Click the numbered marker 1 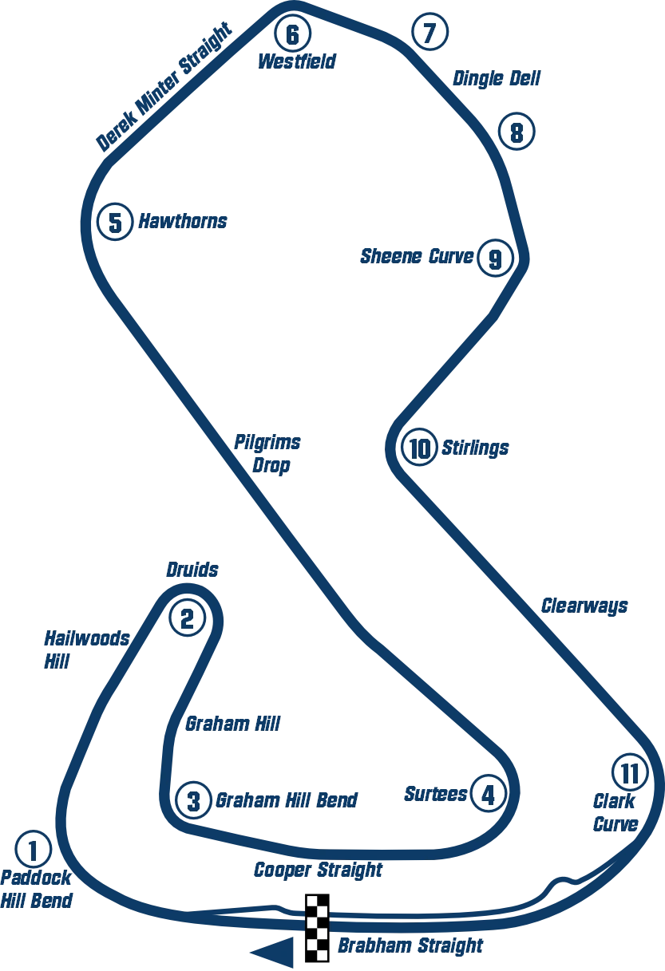33,851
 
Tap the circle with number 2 187,618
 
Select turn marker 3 193,800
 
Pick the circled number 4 488,794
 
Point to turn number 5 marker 115,223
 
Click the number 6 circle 292,34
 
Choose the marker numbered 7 429,34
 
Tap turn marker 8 517,132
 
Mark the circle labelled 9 495,259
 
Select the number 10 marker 418,448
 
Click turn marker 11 630,772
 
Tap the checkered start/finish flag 315,928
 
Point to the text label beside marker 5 182,221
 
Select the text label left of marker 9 418,258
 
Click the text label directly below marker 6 297,61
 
